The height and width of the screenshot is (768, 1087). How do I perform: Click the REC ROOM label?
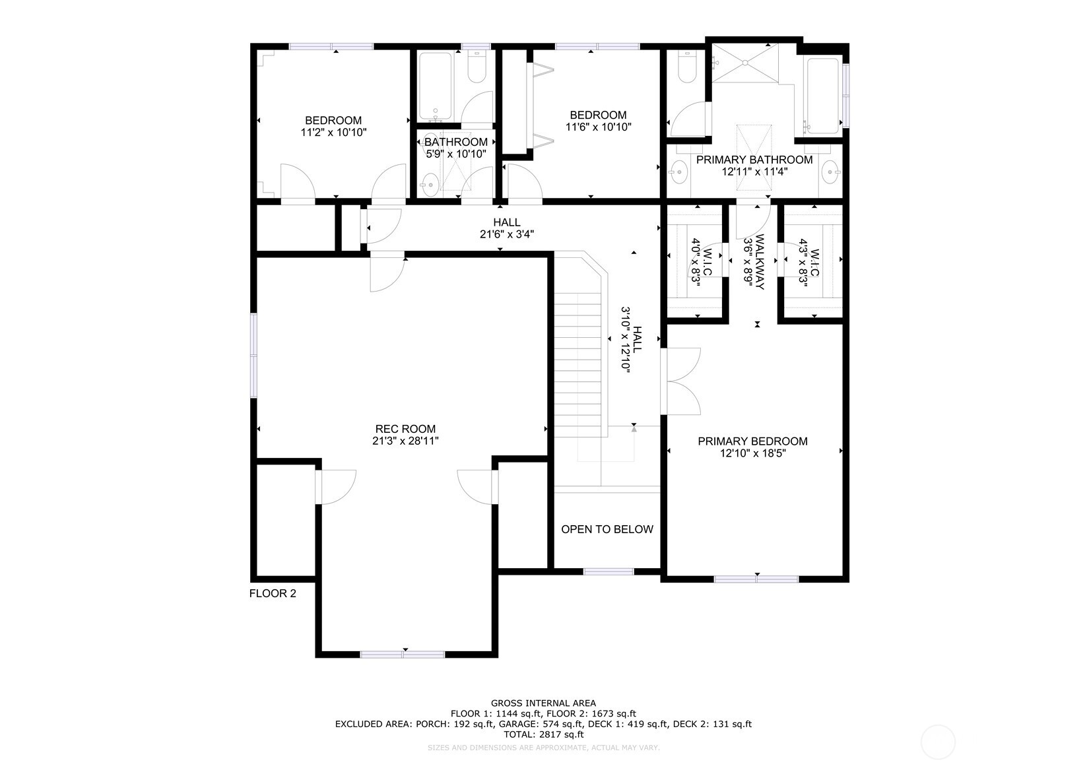[x=405, y=429]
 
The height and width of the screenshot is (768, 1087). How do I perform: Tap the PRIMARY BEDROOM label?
[x=752, y=441]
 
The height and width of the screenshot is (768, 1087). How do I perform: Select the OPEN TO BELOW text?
[x=607, y=529]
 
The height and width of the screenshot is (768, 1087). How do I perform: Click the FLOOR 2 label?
[x=273, y=593]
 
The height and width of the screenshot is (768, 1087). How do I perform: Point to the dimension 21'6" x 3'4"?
[x=506, y=234]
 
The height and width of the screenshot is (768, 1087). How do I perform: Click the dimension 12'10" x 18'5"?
[x=752, y=453]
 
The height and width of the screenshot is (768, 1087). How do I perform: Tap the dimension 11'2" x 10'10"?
[x=333, y=132]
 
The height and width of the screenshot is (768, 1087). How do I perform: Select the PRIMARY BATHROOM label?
[x=754, y=160]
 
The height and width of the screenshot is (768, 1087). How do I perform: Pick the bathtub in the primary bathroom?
[x=822, y=94]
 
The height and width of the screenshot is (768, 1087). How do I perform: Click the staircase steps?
[x=578, y=369]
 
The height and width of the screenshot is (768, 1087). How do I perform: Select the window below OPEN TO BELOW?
[x=608, y=571]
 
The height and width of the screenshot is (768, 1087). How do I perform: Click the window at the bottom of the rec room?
[x=403, y=655]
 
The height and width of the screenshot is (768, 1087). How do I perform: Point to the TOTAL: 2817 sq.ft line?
[x=543, y=734]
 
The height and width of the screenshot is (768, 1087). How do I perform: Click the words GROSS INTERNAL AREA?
[x=543, y=703]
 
